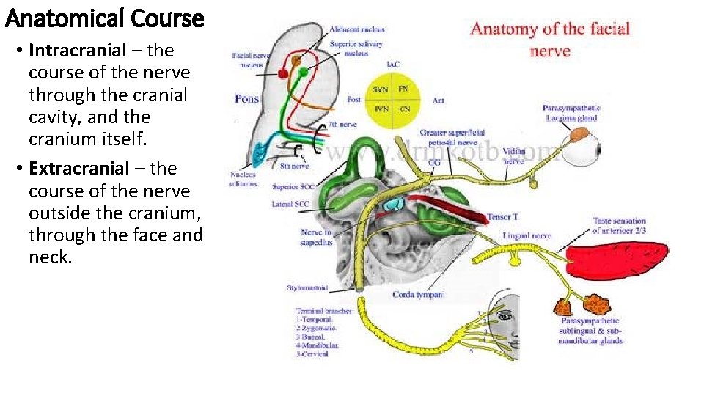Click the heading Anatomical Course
104,18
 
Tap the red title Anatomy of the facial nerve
550,40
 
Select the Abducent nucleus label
357,29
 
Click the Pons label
247,99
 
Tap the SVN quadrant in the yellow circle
381,89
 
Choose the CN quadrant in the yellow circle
405,109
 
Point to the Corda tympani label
419,295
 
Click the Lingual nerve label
527,236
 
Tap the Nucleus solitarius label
243,179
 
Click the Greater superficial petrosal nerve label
452,137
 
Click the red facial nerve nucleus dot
282,73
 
